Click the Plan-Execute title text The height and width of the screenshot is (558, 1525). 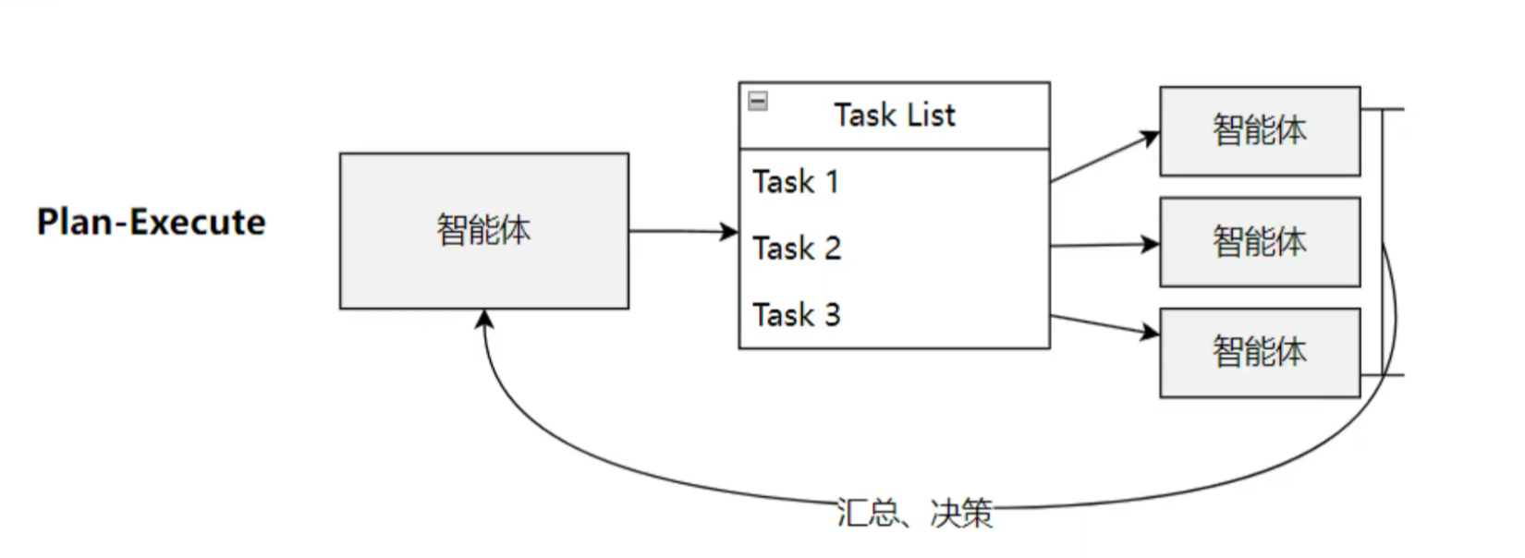(151, 223)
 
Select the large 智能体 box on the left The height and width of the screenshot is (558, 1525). (483, 230)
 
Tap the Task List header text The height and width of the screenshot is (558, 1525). (894, 115)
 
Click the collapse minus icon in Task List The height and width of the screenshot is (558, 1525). (758, 101)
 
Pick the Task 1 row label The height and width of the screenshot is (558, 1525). (795, 182)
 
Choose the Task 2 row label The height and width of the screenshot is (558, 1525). (796, 249)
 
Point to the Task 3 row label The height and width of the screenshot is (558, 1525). (796, 315)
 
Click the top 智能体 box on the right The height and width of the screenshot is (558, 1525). (1259, 130)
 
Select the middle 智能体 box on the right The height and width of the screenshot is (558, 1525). (1259, 241)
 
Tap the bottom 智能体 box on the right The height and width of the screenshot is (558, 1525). (1259, 352)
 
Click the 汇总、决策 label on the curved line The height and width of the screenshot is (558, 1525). (914, 512)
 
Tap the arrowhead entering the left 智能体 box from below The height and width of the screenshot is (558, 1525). (484, 320)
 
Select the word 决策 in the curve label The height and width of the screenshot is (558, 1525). (961, 512)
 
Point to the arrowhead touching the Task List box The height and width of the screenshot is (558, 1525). (729, 232)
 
